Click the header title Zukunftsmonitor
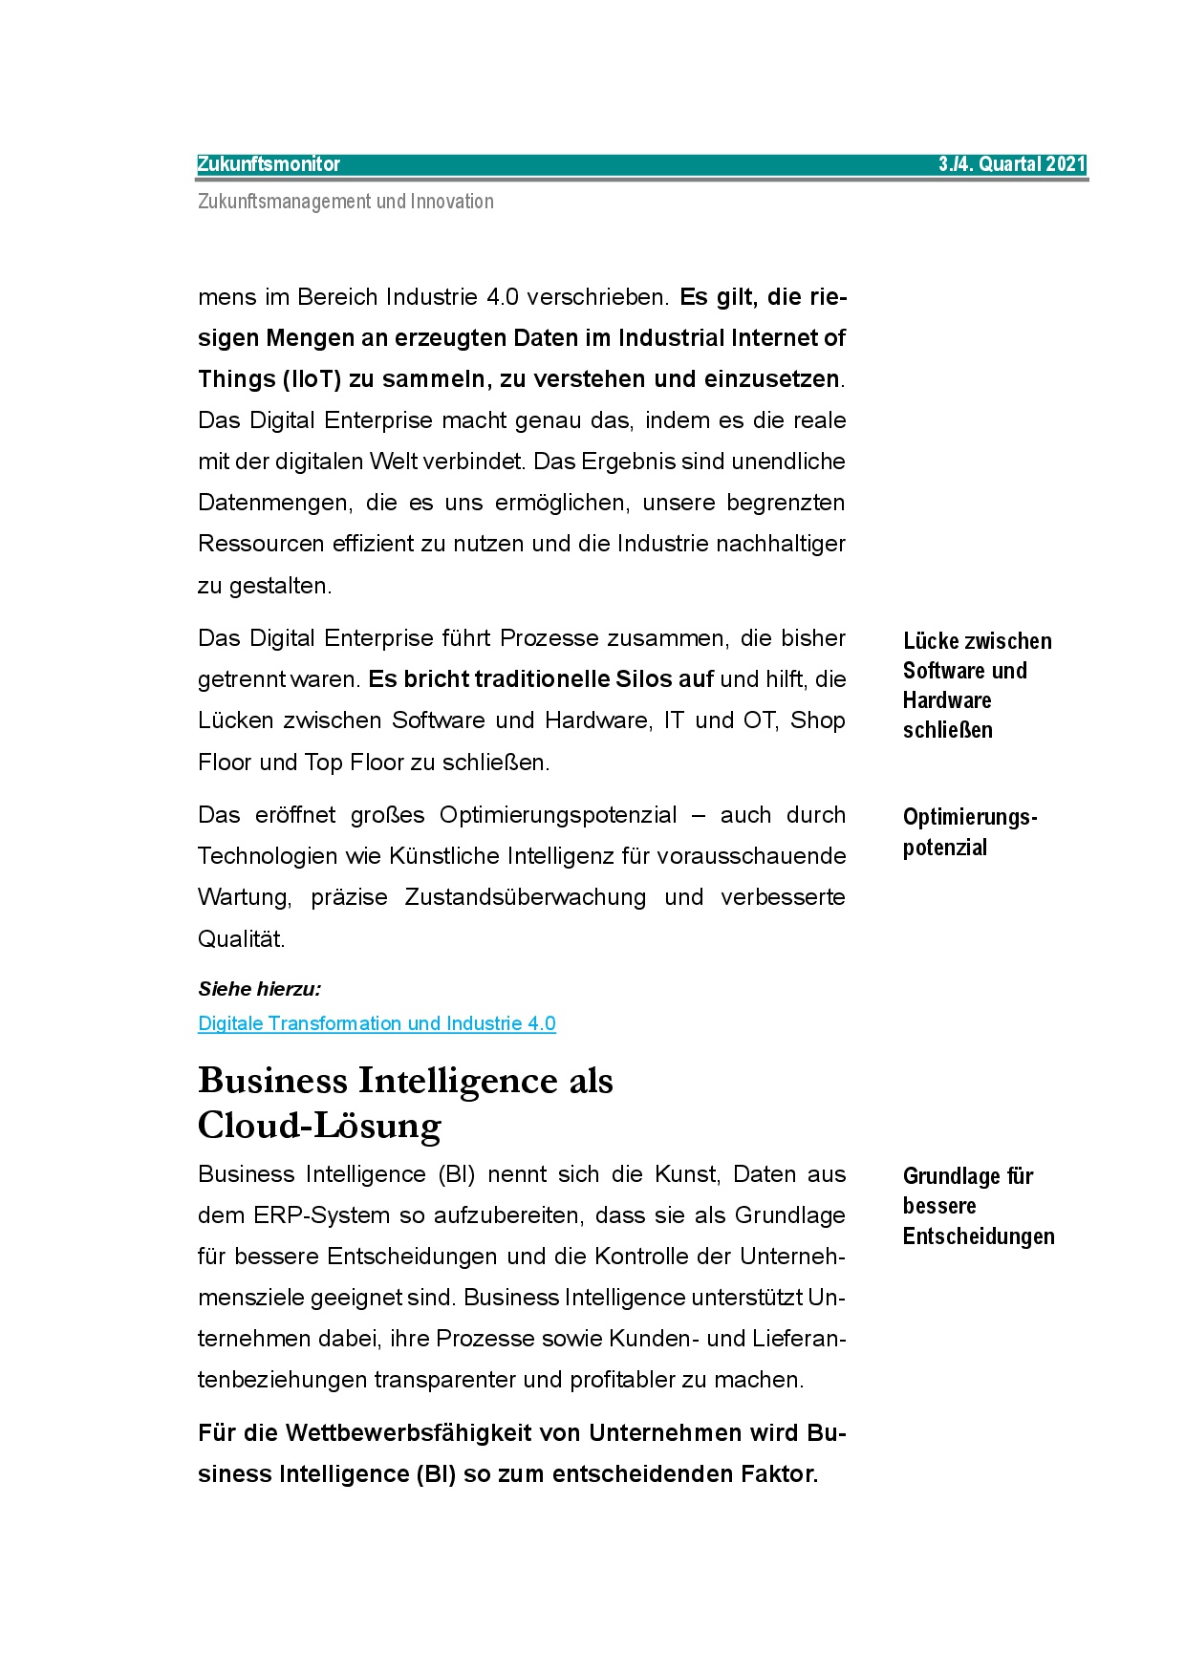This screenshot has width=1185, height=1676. tap(269, 164)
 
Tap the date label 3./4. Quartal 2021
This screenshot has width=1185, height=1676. tap(1011, 164)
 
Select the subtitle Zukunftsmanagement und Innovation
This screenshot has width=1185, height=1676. tap(346, 202)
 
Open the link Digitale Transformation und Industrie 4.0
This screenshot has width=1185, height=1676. tap(377, 1023)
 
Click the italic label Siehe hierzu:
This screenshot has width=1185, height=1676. tap(259, 989)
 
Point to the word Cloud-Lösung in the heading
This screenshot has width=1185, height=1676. tap(319, 1126)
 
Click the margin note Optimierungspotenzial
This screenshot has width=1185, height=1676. tap(969, 831)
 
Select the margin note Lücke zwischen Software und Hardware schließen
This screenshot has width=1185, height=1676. tap(976, 685)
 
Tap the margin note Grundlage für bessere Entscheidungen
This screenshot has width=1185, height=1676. tap(978, 1206)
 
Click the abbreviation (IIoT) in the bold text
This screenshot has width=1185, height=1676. tap(312, 379)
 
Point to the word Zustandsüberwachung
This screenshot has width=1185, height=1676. tap(525, 897)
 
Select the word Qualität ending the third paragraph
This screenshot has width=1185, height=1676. tap(241, 939)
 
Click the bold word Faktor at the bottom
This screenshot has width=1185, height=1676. tap(779, 1474)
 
